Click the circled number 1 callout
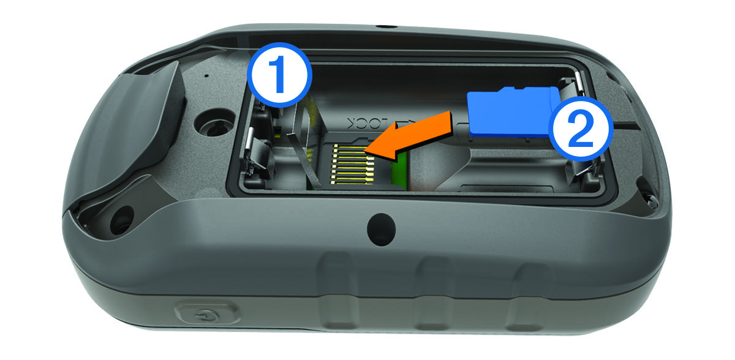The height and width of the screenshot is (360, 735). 279,75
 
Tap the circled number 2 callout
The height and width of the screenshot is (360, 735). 581,129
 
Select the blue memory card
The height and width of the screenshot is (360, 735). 512,111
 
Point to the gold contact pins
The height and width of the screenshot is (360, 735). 353,164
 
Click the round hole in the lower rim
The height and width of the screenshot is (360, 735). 381,229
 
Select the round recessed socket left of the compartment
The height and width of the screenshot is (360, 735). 214,126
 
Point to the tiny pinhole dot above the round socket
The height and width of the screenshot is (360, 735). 206,75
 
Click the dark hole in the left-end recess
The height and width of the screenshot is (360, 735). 122,219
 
